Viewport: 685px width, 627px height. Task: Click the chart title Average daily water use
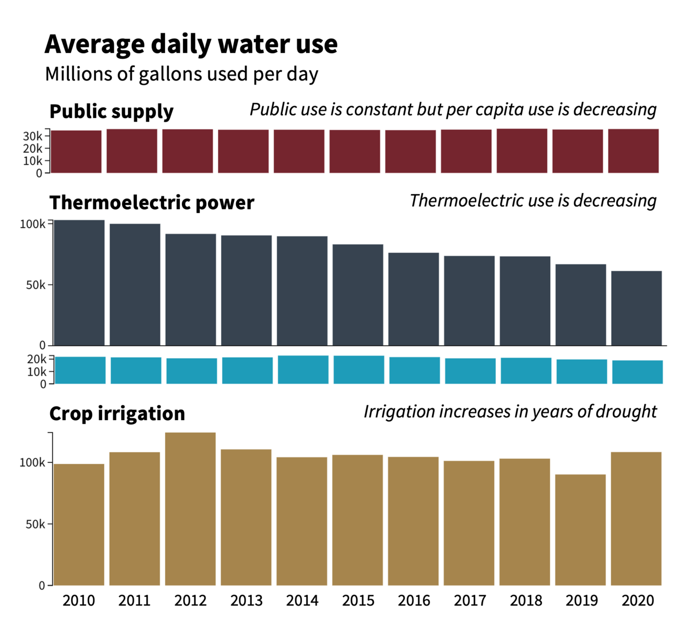(x=191, y=44)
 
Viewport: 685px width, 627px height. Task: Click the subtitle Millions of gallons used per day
(x=182, y=74)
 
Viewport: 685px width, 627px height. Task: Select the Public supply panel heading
(x=111, y=111)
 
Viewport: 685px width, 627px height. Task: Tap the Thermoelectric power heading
(x=151, y=203)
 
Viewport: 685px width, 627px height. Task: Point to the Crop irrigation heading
(x=117, y=414)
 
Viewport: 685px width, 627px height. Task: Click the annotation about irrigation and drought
(x=510, y=412)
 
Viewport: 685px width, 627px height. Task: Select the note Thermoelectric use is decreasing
(x=533, y=201)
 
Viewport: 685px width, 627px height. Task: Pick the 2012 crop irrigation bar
(x=190, y=508)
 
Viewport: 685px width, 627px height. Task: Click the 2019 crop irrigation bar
(x=580, y=530)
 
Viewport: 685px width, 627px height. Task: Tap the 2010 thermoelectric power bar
(x=79, y=283)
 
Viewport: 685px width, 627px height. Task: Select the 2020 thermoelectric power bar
(x=636, y=308)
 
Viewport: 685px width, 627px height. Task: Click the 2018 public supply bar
(x=521, y=151)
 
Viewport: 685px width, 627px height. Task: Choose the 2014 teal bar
(x=303, y=369)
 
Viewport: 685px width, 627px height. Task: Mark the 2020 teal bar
(x=637, y=372)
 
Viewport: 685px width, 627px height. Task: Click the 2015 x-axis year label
(x=358, y=600)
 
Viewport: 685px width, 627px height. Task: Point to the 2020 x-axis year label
(x=637, y=600)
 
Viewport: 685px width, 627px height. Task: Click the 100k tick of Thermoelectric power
(x=32, y=224)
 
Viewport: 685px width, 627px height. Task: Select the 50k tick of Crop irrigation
(x=35, y=524)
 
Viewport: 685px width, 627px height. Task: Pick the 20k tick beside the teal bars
(x=36, y=359)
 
